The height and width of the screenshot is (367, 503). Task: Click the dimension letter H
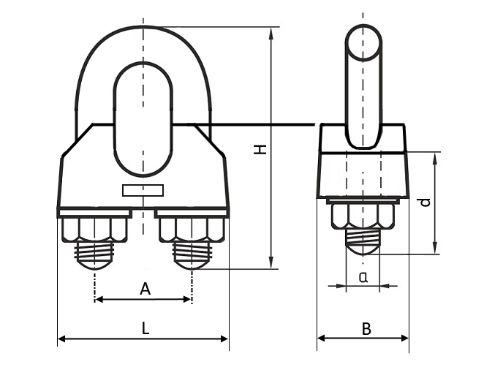pyautogui.click(x=259, y=149)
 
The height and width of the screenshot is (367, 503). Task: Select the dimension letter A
pyautogui.click(x=145, y=290)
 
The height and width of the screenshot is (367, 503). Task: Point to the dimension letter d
pyautogui.click(x=426, y=202)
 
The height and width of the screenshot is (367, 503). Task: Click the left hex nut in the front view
pyautogui.click(x=94, y=230)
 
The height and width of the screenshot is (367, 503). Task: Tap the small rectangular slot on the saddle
pyautogui.click(x=144, y=192)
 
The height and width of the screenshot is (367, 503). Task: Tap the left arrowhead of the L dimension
pyautogui.click(x=61, y=339)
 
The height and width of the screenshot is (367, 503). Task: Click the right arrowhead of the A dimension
pyautogui.click(x=188, y=299)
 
